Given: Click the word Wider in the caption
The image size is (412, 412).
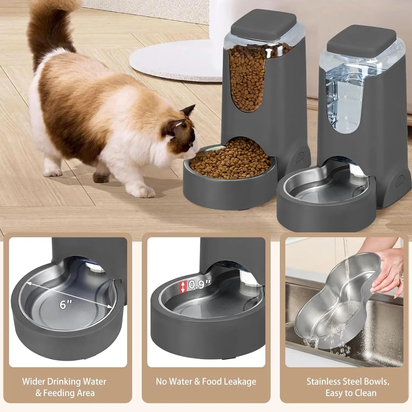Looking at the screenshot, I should (x=34, y=382).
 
